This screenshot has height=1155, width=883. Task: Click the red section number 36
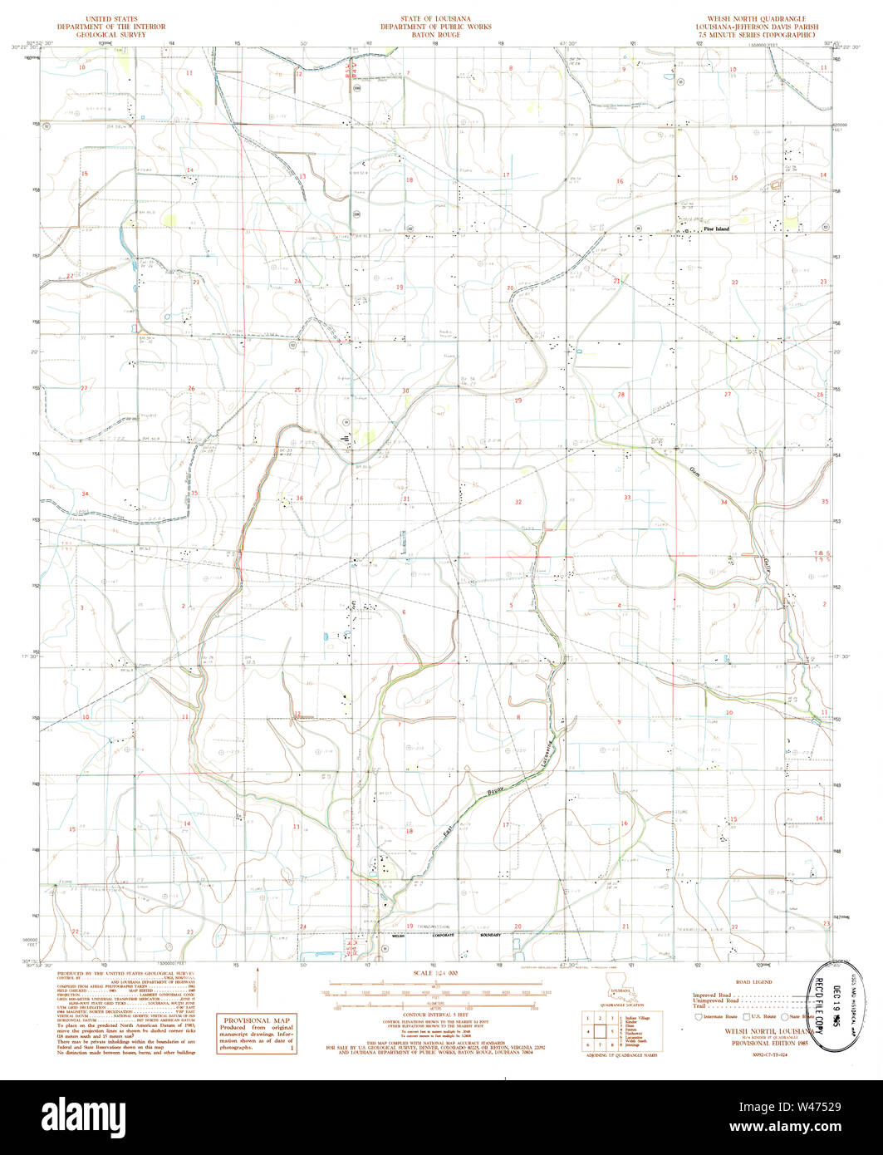pos(300,499)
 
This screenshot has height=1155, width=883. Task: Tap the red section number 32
pos(518,502)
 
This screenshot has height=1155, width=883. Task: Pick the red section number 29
pos(518,401)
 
